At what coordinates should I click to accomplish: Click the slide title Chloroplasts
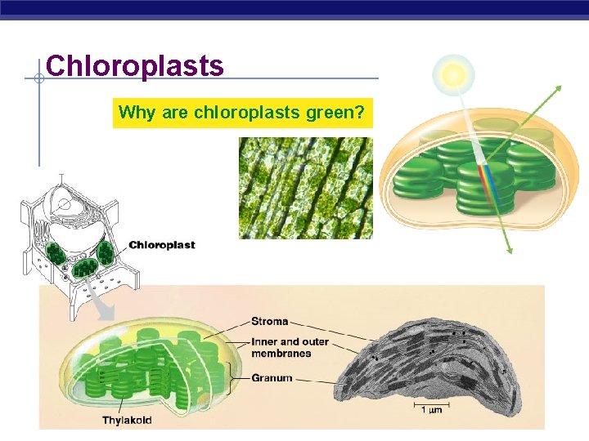tap(135, 65)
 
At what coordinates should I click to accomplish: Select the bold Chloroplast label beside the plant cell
tap(162, 245)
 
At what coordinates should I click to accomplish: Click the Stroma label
tap(269, 321)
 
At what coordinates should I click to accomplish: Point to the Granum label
tap(272, 378)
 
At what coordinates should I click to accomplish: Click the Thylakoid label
tap(127, 421)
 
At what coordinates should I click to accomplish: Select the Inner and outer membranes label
tap(281, 347)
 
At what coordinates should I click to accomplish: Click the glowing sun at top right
tap(454, 75)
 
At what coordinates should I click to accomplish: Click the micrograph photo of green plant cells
tap(305, 188)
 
